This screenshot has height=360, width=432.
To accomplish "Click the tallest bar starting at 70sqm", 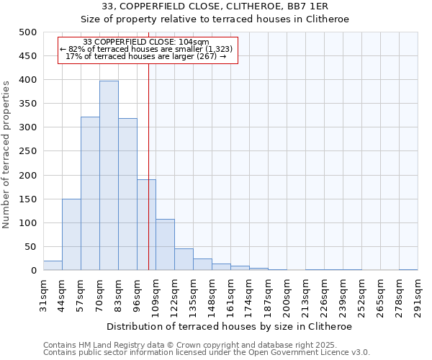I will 109,176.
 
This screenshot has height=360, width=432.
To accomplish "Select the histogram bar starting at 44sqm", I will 71,235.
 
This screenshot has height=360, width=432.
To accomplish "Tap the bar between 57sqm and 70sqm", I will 90,194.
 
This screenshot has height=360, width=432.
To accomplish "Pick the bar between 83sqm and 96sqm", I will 127,194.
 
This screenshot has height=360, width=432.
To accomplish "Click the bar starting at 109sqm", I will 165,245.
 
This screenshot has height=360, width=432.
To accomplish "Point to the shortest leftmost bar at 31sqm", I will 53,266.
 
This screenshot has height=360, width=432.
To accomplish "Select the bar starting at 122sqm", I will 184,260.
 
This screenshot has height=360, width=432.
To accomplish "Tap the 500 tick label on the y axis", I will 28,32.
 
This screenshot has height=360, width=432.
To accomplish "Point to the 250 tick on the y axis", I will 28,151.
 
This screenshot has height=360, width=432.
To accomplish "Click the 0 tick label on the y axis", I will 33,271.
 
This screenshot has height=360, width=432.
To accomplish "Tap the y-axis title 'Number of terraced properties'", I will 7,154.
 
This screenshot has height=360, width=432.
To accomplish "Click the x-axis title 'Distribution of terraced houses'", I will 230,326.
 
